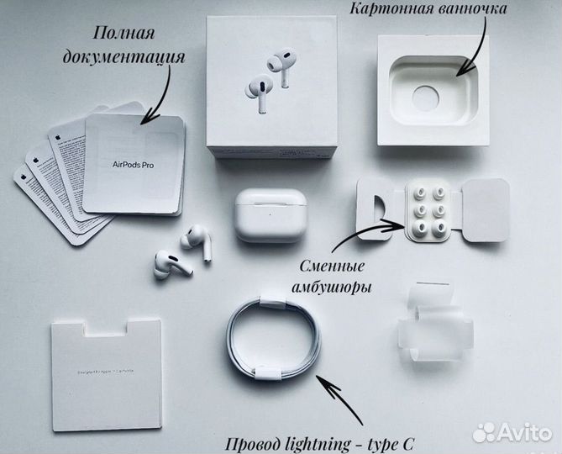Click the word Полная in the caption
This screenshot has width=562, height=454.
(123, 34)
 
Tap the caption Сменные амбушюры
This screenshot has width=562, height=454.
(336, 277)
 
